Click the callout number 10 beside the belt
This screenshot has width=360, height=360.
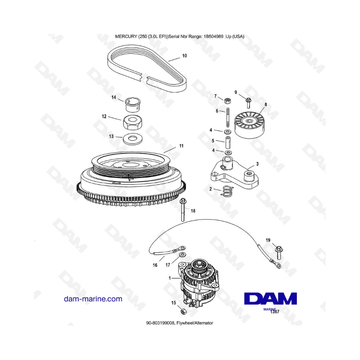click(x=184, y=56)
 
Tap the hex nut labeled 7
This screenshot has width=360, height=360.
click(x=227, y=100)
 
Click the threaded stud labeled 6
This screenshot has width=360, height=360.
click(x=228, y=117)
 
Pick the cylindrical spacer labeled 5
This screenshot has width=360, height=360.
click(x=228, y=142)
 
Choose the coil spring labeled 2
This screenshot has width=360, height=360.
click(x=227, y=191)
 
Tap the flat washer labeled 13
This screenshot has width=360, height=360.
click(x=132, y=139)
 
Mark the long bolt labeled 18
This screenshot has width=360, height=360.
click(x=183, y=210)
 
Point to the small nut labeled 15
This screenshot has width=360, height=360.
click(x=184, y=312)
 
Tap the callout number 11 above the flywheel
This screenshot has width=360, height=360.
click(x=181, y=146)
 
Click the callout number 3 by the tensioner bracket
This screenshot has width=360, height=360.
click(x=257, y=164)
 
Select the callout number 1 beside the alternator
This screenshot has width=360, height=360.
click(x=170, y=278)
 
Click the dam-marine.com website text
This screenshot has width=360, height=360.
click(x=93, y=299)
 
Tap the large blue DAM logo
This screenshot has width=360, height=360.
click(x=270, y=299)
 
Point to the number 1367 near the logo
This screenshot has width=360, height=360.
click(x=274, y=312)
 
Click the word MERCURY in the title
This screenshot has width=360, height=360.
click(x=126, y=36)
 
